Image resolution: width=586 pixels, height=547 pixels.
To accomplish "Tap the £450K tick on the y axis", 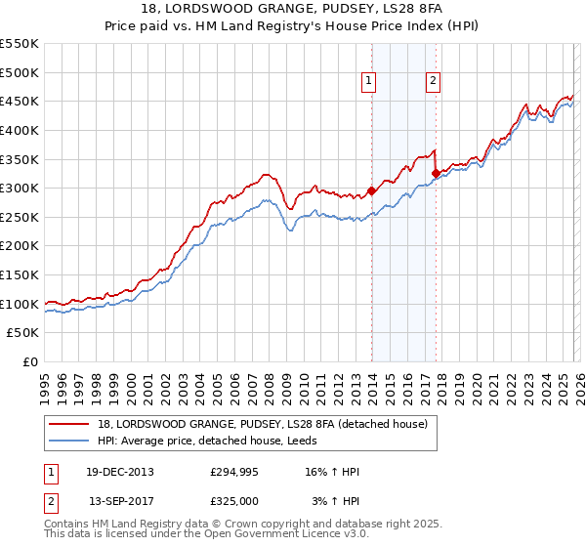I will (x=20, y=101).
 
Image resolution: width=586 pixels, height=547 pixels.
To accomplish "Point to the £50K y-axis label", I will (x=22, y=333).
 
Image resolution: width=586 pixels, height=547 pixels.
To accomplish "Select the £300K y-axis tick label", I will (x=20, y=188).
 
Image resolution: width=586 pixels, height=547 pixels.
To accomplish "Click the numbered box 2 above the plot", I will (x=432, y=82).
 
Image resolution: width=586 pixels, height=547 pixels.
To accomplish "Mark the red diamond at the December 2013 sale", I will (x=372, y=191).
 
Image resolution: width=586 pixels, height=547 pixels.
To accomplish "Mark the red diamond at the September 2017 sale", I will (x=436, y=174).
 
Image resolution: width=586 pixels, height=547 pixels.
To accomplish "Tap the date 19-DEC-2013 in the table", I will (x=120, y=472).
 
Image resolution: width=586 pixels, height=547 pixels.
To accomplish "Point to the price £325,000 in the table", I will (x=234, y=500).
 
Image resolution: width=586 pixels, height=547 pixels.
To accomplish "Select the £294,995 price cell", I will (x=234, y=472).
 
